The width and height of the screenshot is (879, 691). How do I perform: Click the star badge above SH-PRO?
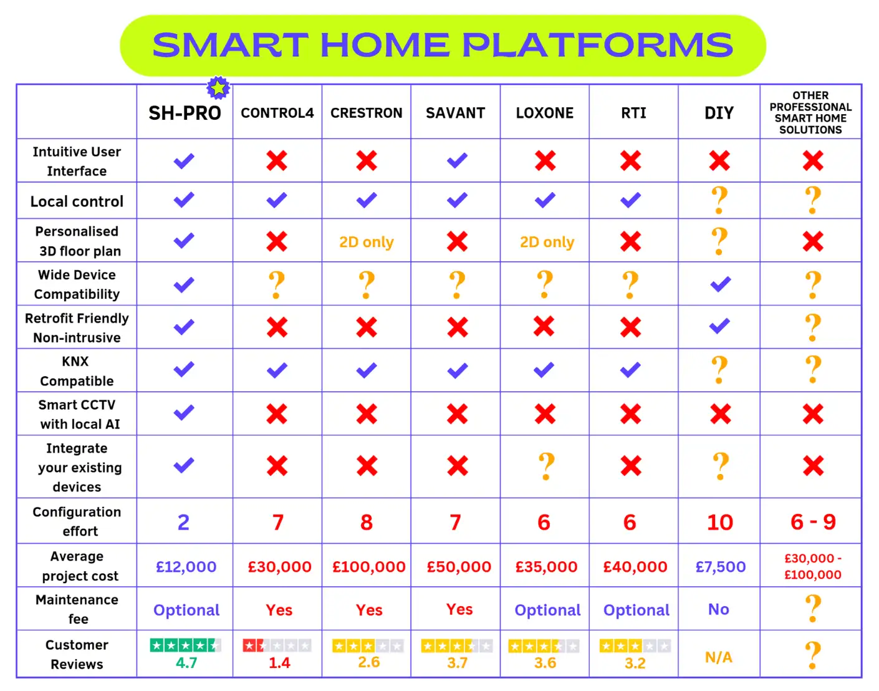pyautogui.click(x=218, y=88)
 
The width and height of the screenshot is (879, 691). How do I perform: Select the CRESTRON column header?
pyautogui.click(x=367, y=113)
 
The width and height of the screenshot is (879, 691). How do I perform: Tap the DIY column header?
pyautogui.click(x=719, y=113)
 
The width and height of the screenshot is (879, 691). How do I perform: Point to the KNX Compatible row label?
pyautogui.click(x=77, y=371)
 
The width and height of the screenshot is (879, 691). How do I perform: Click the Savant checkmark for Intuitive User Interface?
pyautogui.click(x=457, y=161)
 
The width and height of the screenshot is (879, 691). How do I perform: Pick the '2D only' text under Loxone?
pyautogui.click(x=547, y=242)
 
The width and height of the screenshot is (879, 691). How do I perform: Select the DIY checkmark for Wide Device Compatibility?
pyautogui.click(x=721, y=284)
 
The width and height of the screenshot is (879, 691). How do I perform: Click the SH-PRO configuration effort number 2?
pyautogui.click(x=183, y=522)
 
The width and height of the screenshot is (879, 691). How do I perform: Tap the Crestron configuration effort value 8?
pyautogui.click(x=367, y=522)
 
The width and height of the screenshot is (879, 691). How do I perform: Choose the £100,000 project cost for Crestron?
pyautogui.click(x=369, y=567)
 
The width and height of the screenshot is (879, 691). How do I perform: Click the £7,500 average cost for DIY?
pyautogui.click(x=721, y=567)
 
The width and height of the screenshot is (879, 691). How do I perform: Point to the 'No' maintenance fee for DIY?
pyautogui.click(x=719, y=609)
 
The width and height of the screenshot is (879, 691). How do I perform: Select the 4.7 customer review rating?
pyautogui.click(x=186, y=663)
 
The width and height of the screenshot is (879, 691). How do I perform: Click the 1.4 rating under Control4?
pyautogui.click(x=279, y=663)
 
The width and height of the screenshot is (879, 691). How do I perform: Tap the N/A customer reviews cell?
pyautogui.click(x=719, y=657)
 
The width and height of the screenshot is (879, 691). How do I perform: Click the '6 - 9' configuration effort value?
pyautogui.click(x=813, y=522)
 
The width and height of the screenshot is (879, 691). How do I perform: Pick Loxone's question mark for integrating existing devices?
pyautogui.click(x=546, y=466)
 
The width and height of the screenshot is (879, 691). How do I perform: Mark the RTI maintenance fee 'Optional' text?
pyautogui.click(x=636, y=610)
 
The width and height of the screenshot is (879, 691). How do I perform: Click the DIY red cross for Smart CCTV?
pyautogui.click(x=721, y=414)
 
